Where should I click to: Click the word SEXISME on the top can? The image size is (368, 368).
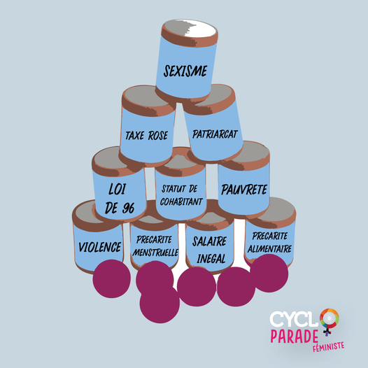click(x=185, y=71)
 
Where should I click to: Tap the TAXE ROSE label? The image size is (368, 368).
click(x=147, y=136)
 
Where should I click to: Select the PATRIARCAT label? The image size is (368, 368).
click(x=215, y=134)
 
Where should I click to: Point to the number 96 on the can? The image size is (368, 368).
click(x=128, y=208)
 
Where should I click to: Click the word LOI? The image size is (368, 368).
click(x=118, y=189)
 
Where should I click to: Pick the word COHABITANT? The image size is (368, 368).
click(x=181, y=201)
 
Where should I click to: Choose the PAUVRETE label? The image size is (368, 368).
click(x=244, y=190)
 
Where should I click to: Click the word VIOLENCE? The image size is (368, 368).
click(x=100, y=247)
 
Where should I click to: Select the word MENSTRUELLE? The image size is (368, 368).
click(x=155, y=253)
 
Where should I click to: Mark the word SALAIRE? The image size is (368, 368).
click(x=209, y=241)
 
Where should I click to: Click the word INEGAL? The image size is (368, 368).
click(x=211, y=259)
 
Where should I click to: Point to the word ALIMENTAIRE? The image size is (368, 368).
click(x=269, y=249)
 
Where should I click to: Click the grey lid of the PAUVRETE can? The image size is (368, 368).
click(x=248, y=153)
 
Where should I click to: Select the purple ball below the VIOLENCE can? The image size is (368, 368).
click(x=111, y=278)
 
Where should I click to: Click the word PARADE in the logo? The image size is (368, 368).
click(x=294, y=337)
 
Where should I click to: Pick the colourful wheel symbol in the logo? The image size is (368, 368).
click(x=330, y=318)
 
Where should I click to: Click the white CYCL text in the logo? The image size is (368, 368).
click(x=294, y=319)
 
